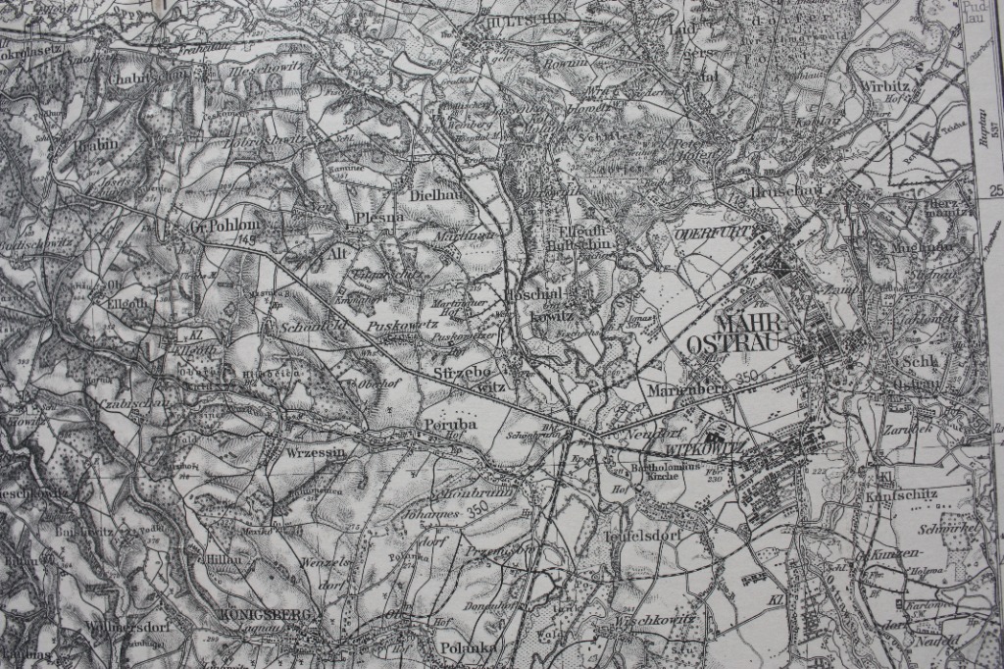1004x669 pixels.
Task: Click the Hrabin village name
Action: click(96, 143)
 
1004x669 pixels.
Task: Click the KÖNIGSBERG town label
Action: click(260, 614)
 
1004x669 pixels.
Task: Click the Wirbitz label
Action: click(885, 85)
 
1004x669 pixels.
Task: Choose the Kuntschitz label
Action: click(900, 496)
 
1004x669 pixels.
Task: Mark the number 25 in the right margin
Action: click(996, 190)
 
